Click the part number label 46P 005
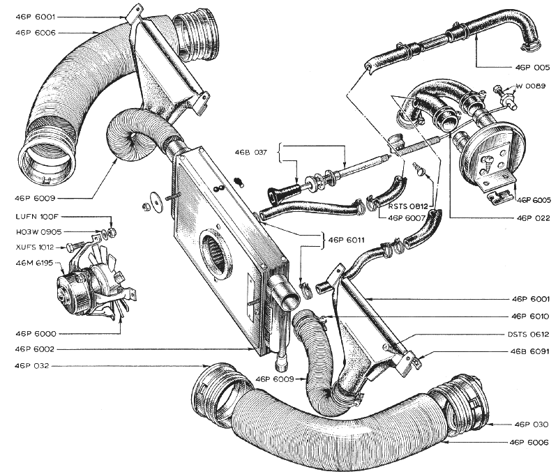coord(532,67)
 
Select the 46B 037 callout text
coord(250,152)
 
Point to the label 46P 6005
coord(534,200)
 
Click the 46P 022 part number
coord(533,218)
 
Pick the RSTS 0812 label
coord(408,206)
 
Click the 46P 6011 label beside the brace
coord(346,240)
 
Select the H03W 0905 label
coord(39,232)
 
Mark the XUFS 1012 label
coord(35,247)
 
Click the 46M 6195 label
coord(34,263)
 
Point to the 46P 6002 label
coord(34,349)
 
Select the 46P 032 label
coord(31,365)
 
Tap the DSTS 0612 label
coord(529,335)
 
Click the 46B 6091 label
coord(530,351)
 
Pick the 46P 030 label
coord(531,425)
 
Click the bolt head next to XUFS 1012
coord(69,247)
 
